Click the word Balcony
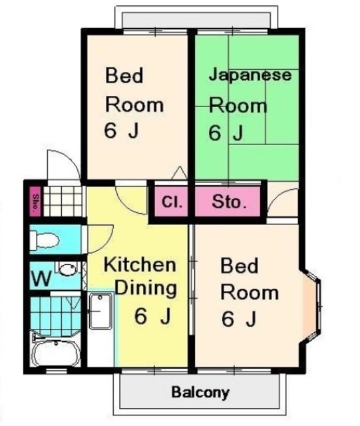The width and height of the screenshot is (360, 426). coord(200,392)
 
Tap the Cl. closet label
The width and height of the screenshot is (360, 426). coord(172,201)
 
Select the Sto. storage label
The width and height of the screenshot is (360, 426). coord(230,201)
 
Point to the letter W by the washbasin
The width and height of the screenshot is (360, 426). coord(41,279)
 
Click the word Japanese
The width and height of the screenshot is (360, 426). coord(250,75)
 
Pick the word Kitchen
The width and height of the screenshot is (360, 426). coord(140,265)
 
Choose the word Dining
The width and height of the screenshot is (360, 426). coord(146,289)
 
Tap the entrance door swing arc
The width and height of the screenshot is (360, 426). coord(60,163)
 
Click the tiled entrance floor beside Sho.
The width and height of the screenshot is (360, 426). coord(63,200)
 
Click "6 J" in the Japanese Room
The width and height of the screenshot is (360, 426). coord(225,133)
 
